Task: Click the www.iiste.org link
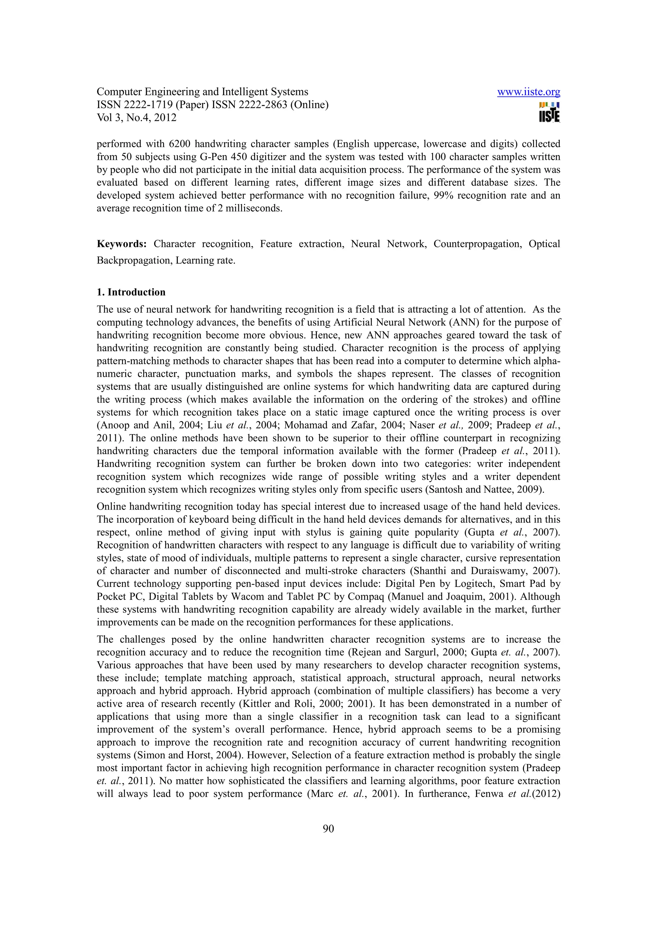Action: [528, 92]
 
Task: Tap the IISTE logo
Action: [549, 112]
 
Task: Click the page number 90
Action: [328, 829]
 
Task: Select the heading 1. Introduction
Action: [131, 292]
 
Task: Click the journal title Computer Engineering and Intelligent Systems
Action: [202, 92]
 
